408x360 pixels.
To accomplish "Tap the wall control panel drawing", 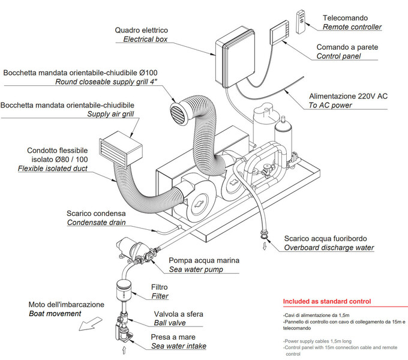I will click(280, 34).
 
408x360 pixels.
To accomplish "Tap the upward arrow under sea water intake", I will click(124, 349).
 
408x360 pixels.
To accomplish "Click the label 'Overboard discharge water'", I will click(329, 247).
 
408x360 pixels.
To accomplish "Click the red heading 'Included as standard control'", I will click(326, 301).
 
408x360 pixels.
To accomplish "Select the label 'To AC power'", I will click(330, 105).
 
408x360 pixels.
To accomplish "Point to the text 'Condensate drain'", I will click(96, 223).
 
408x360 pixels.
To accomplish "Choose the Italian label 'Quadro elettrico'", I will click(142, 30).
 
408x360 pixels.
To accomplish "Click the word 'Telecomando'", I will click(345, 18).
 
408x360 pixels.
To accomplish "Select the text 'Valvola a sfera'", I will click(179, 314).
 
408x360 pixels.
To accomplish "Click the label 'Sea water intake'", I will click(178, 346).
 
